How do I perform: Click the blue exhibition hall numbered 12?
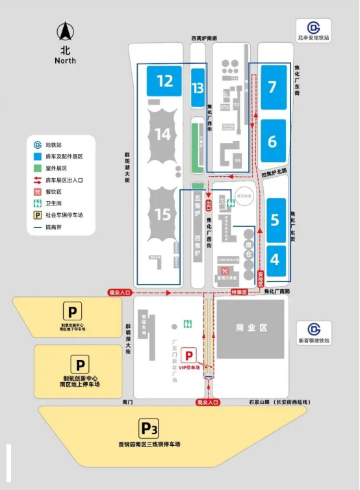pos(164,81)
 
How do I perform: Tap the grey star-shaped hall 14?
pos(163,135)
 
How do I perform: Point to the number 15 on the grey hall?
pos(162,214)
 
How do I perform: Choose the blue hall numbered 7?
pos(272,86)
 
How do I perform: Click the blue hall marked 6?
pos(272,141)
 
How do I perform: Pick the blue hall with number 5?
pos(274,220)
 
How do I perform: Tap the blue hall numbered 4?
pos(274,259)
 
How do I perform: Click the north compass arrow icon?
pos(65,32)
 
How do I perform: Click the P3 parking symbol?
pos(149,429)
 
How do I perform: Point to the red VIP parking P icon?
pos(188,355)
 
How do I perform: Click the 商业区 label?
pos(250,328)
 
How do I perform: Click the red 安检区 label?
pos(261,279)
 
